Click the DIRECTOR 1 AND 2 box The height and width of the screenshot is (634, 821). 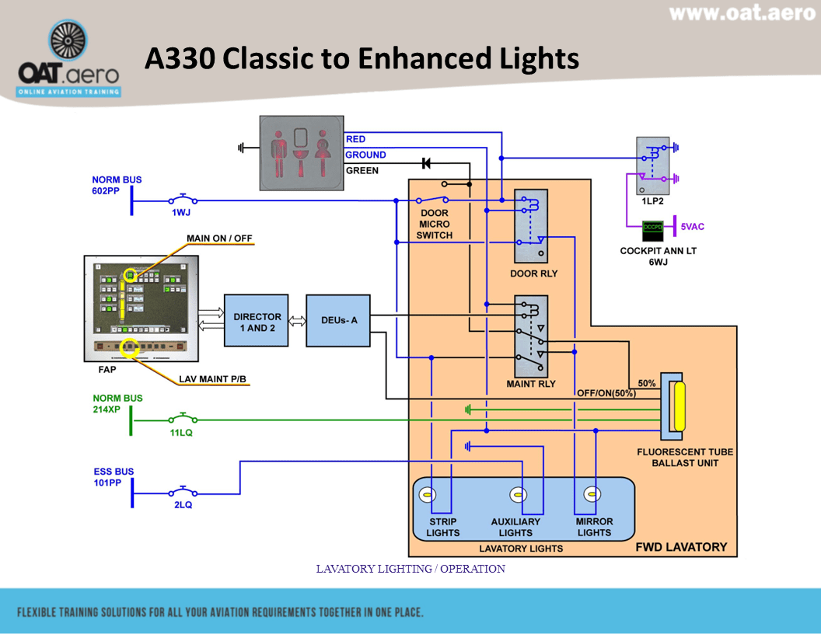[x=256, y=322]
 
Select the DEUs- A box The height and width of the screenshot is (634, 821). [x=337, y=320]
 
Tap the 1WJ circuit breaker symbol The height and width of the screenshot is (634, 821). [x=183, y=200]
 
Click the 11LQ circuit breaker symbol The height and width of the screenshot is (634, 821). [x=183, y=420]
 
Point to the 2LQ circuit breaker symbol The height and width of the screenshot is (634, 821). [x=183, y=492]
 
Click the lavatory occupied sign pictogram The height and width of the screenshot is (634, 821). [x=302, y=152]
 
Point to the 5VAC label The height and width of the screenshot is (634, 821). [x=693, y=227]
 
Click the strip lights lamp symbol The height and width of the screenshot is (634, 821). [x=426, y=494]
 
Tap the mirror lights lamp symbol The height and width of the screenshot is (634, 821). [x=592, y=494]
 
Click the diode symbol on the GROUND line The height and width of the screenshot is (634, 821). [x=425, y=163]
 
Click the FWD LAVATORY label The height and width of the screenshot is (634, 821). [x=681, y=546]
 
